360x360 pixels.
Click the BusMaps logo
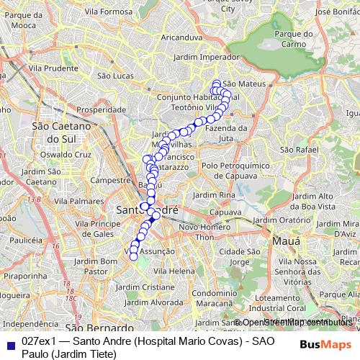point(325,343)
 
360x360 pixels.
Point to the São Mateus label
point(245,84)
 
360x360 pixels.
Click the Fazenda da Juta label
point(227,132)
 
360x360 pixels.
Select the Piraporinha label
point(25,275)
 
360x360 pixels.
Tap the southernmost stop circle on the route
point(133,257)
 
